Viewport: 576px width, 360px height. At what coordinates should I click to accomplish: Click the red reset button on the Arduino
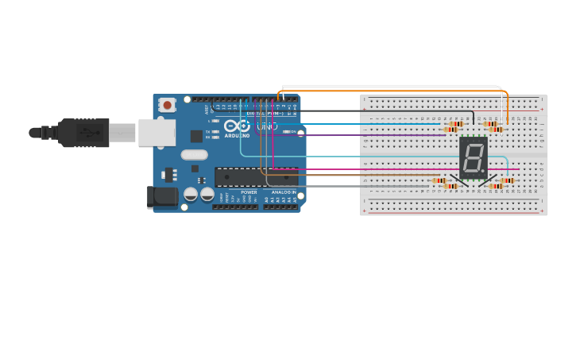click(x=167, y=105)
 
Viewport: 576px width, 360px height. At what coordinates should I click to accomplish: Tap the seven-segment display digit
click(x=473, y=157)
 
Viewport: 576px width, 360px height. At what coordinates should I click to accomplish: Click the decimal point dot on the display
click(x=483, y=169)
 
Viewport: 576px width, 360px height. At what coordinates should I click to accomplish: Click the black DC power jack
click(x=161, y=196)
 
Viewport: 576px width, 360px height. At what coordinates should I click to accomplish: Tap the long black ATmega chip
click(x=254, y=176)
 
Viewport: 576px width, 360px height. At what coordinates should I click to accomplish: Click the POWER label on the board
click(x=249, y=192)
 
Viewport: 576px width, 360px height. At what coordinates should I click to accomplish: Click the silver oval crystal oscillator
click(x=194, y=155)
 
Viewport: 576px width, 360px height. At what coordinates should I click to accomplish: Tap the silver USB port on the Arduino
click(x=156, y=133)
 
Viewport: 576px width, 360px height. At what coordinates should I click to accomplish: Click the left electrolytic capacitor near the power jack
click(x=191, y=193)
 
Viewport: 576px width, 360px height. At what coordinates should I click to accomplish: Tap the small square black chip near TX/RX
click(x=196, y=136)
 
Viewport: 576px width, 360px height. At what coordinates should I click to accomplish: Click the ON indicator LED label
click(x=292, y=132)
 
